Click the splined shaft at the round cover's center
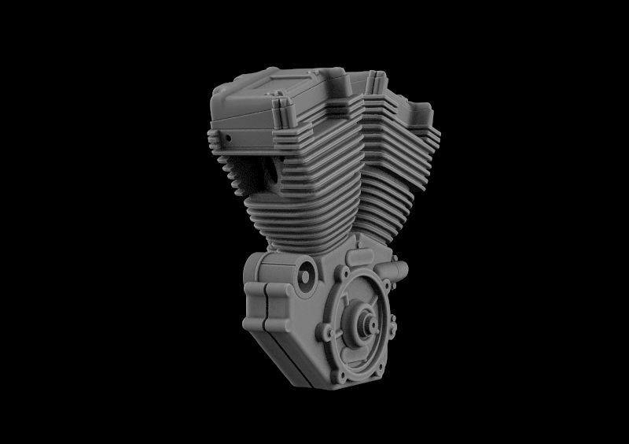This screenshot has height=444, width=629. point(366,322)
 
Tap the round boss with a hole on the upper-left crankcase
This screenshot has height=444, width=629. point(303,275)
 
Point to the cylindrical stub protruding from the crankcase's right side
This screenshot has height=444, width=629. point(400,272)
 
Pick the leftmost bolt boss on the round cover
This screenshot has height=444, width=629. point(323,335)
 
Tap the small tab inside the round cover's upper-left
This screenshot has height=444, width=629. point(347,302)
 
